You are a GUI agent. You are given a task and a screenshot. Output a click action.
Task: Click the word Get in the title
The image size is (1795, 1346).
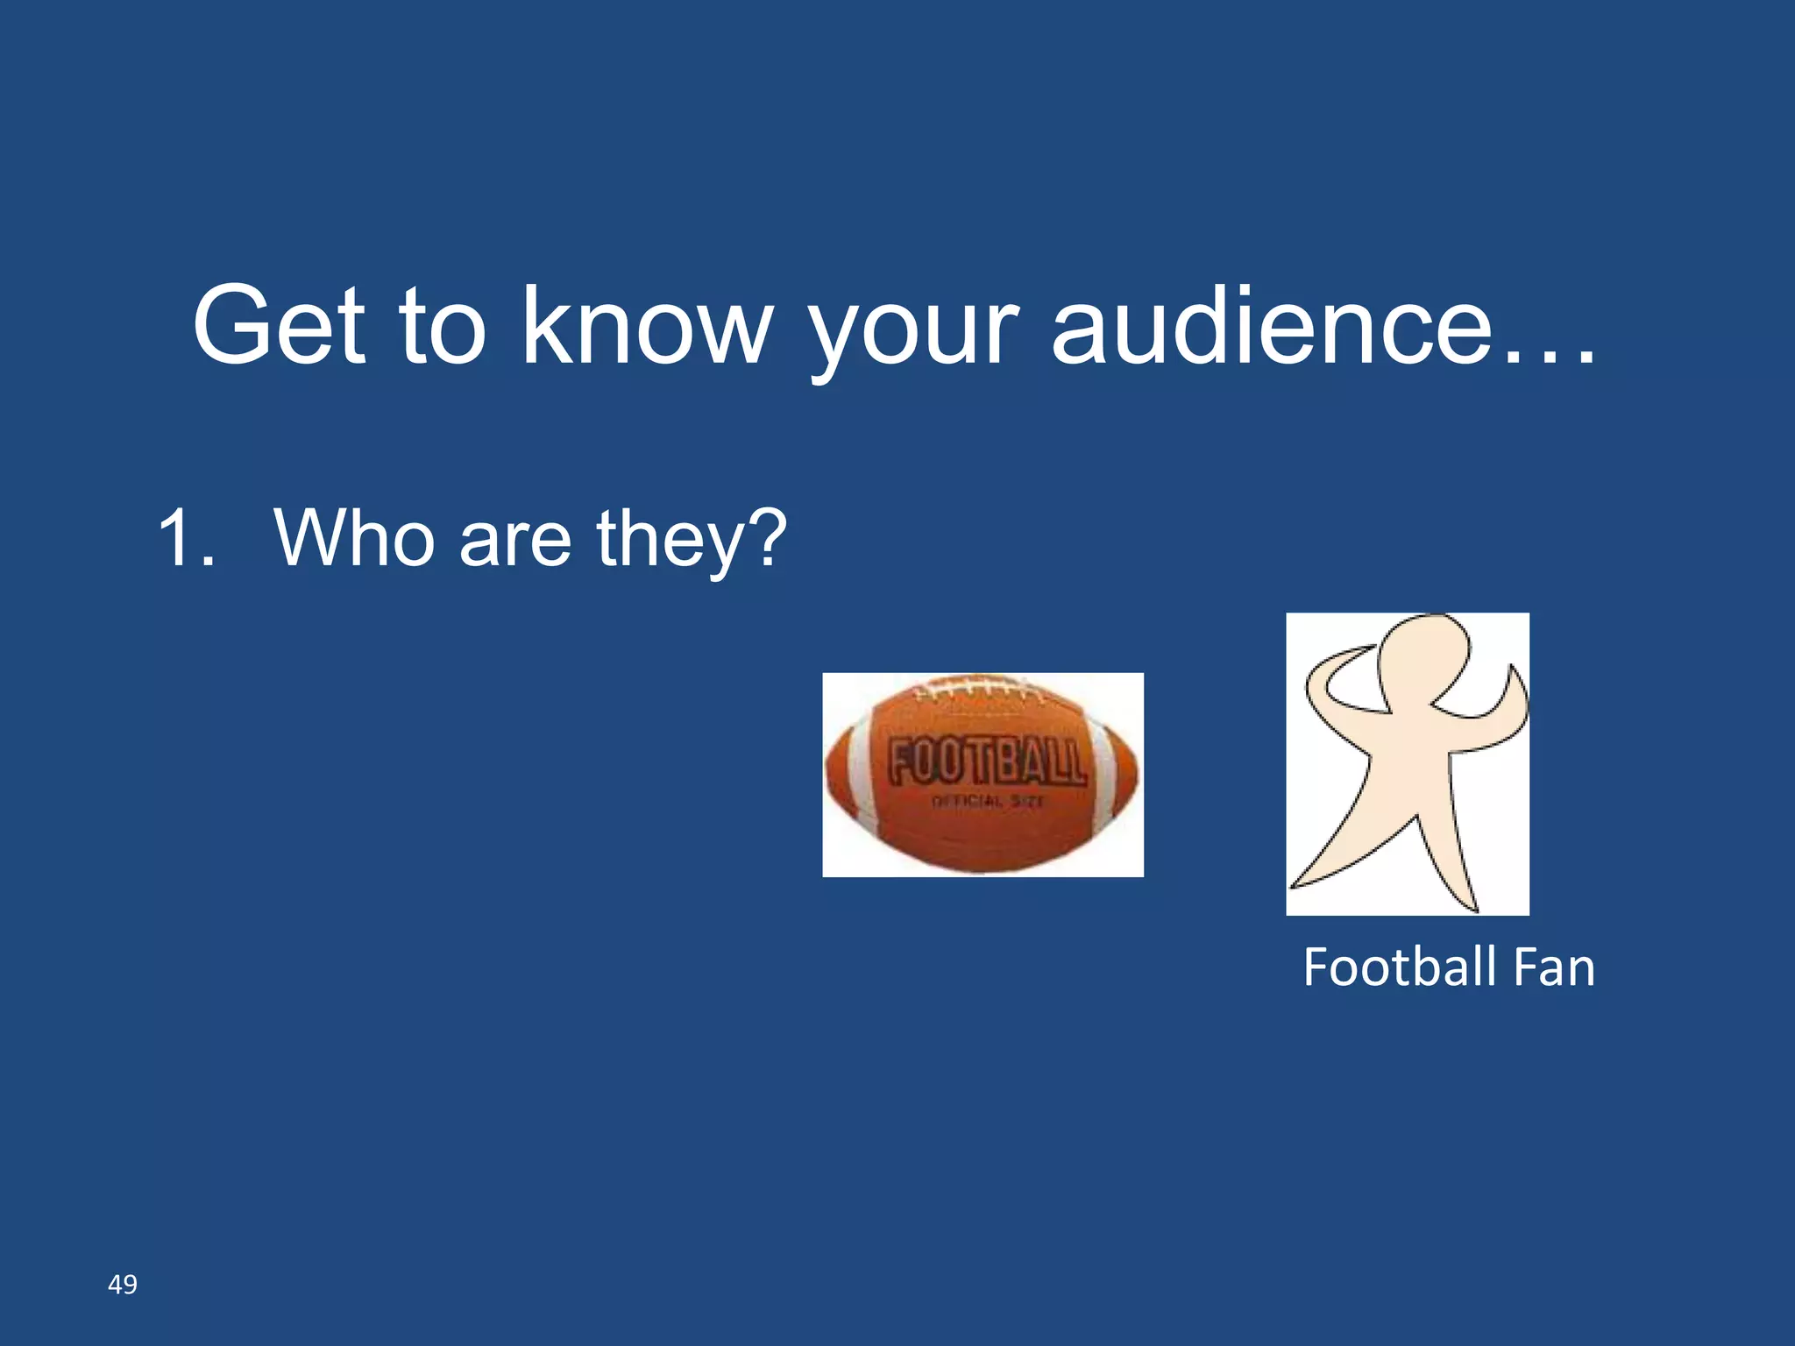(279, 326)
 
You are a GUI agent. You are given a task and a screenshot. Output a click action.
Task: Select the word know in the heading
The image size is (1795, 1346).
(647, 326)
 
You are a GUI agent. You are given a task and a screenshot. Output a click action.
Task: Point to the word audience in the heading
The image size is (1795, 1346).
(1271, 326)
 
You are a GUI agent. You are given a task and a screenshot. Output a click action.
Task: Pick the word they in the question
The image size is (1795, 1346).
(673, 542)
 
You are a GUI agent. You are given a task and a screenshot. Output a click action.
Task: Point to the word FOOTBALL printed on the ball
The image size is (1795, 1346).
(988, 762)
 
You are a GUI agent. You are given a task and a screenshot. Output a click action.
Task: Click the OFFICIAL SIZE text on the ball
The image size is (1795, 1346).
(987, 801)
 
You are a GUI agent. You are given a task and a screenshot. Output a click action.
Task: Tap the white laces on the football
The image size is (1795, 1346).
(977, 691)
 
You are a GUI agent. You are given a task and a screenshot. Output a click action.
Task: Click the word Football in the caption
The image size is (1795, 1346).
(1399, 967)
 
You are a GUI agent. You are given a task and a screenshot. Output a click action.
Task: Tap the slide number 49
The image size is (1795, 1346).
(122, 1285)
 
